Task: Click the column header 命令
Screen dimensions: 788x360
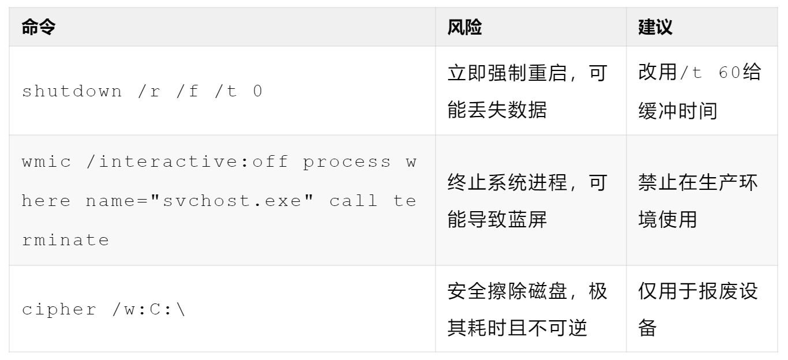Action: coord(38,27)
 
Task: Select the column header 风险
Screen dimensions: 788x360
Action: coord(464,27)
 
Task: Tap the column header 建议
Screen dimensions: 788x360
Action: coord(655,27)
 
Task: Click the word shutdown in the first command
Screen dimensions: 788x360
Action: coord(72,91)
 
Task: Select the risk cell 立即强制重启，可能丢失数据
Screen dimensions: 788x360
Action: coord(527,91)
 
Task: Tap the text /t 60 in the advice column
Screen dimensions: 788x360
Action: coord(711,73)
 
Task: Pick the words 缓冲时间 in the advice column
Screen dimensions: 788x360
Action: coord(678,110)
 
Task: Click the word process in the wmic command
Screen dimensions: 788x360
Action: coord(347,162)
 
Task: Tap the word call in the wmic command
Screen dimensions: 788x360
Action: coord(354,201)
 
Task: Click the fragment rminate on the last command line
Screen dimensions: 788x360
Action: coord(65,240)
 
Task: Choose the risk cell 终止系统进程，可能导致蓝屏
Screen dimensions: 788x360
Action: coord(527,201)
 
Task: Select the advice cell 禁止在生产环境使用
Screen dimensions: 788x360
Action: coord(698,201)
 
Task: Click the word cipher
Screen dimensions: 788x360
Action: coord(59,310)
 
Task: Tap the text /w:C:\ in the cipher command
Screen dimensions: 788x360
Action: coord(149,310)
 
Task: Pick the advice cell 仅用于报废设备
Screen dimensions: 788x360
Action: coord(698,310)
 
